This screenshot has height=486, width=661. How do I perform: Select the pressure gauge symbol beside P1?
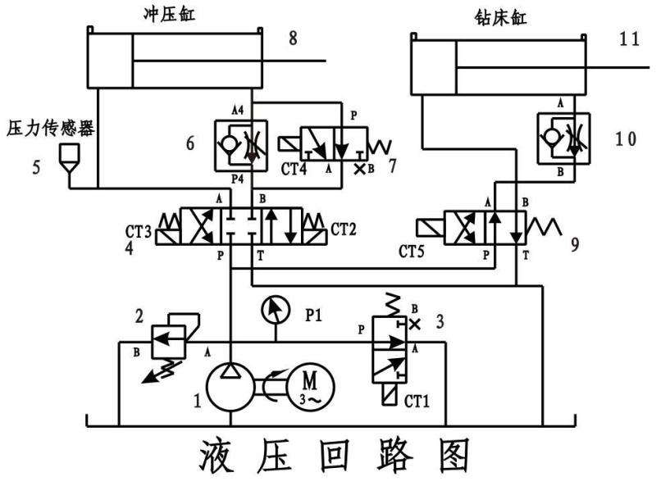275,310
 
